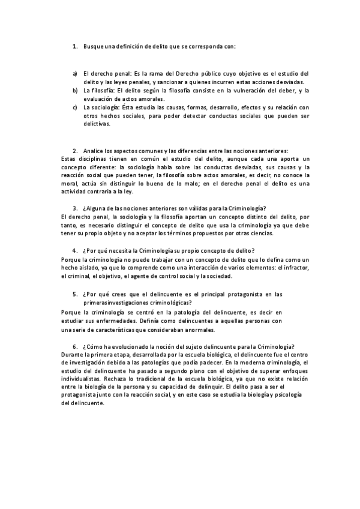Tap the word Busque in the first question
click(x=95, y=46)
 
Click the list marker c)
click(x=74, y=107)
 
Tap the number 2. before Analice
click(x=74, y=150)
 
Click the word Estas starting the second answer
click(x=70, y=158)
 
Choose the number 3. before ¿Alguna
click(x=74, y=208)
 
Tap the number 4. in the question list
click(x=74, y=250)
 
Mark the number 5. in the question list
click(x=74, y=294)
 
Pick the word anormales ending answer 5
click(x=201, y=330)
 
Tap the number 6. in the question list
click(x=74, y=346)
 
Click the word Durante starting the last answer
click(x=73, y=355)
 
